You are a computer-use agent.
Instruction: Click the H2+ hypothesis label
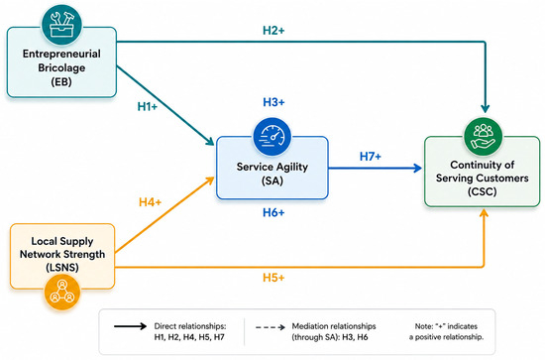273,31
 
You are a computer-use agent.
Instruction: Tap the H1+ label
148,106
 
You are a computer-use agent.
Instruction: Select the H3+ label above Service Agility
273,102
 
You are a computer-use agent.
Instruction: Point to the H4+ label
151,202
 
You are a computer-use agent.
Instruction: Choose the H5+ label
273,278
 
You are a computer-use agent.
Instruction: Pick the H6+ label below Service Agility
273,212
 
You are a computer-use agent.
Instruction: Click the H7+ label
371,157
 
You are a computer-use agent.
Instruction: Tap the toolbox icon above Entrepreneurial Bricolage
61,25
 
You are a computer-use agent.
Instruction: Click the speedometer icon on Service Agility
272,136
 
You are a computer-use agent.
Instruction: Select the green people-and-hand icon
484,136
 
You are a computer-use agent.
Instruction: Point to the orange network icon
62,292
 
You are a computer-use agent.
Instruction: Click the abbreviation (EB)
61,82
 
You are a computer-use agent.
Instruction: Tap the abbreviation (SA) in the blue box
272,180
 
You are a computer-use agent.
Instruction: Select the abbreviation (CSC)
483,191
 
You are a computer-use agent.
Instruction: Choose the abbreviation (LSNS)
62,268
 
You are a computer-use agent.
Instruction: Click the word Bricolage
61,67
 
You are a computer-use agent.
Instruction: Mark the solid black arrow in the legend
131,326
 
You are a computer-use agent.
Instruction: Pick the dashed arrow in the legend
271,327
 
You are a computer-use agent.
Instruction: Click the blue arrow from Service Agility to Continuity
375,169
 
